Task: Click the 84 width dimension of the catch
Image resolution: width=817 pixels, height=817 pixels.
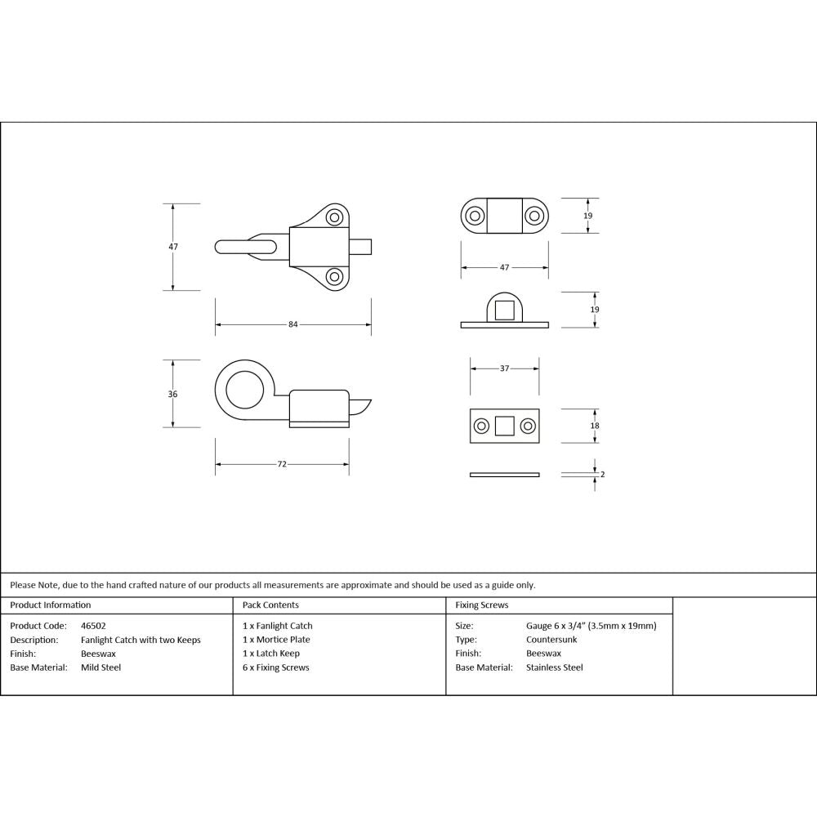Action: click(x=292, y=324)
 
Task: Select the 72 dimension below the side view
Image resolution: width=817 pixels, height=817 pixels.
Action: click(x=282, y=464)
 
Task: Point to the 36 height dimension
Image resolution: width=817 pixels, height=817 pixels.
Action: click(x=172, y=394)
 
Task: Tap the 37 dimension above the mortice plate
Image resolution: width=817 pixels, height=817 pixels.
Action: click(x=504, y=368)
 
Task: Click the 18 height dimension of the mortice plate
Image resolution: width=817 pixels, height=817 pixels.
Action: click(x=595, y=426)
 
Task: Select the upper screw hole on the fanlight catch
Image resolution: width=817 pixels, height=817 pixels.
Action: click(x=334, y=218)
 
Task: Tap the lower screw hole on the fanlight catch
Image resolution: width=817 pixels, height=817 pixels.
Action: click(x=334, y=276)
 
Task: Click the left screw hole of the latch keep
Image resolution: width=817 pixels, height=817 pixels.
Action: click(x=474, y=216)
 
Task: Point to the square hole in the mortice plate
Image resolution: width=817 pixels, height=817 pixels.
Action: click(x=504, y=426)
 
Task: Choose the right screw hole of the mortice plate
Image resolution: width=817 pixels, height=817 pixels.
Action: click(x=528, y=426)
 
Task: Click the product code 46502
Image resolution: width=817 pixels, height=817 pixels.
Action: click(x=93, y=626)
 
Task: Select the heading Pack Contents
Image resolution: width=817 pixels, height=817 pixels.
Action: click(x=270, y=605)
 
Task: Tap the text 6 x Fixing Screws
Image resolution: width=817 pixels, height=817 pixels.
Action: click(x=276, y=667)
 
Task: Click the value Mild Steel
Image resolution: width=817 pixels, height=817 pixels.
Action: click(x=100, y=667)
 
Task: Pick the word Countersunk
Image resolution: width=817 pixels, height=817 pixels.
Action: click(x=551, y=640)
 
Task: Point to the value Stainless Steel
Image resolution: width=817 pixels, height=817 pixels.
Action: click(x=555, y=667)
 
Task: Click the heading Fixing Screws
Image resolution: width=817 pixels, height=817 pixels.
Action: click(x=482, y=605)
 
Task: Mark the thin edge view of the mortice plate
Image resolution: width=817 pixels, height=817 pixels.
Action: click(x=504, y=474)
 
